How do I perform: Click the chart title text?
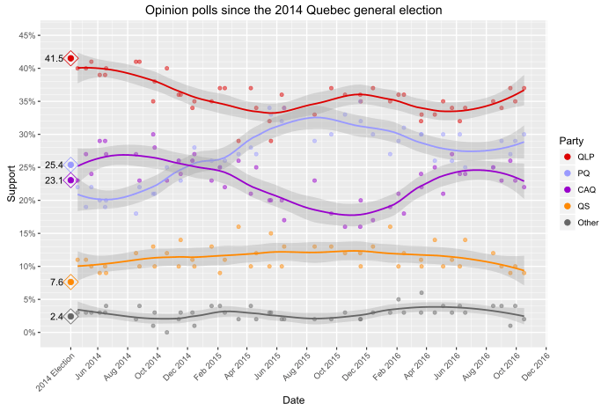(294, 10)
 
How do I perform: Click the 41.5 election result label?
(54, 59)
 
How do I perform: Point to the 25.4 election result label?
(54, 165)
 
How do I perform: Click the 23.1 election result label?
(54, 180)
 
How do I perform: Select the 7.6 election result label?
(56, 283)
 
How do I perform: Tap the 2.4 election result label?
(56, 317)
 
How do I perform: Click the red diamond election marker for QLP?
(70, 59)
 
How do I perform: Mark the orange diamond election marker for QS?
(70, 283)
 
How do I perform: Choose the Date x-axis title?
(294, 400)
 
